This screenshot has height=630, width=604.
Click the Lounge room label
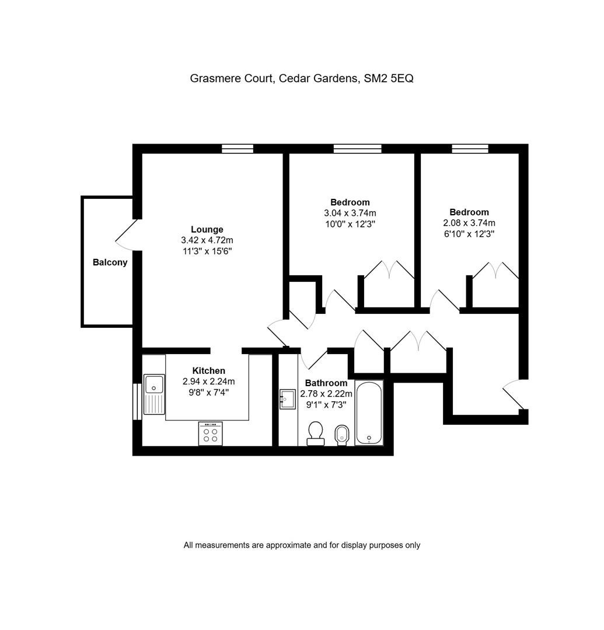click(x=207, y=229)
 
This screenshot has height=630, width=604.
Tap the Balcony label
click(x=110, y=262)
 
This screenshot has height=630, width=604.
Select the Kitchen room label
click(x=208, y=371)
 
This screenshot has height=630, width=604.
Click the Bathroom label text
click(x=326, y=383)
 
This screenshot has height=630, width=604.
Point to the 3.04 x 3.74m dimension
click(x=350, y=213)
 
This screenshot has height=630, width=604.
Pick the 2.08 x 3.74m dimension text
click(x=469, y=223)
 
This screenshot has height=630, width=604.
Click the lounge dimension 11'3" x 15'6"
click(x=207, y=251)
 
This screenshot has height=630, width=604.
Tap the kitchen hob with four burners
click(x=210, y=433)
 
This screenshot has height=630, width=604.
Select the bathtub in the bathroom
click(x=369, y=412)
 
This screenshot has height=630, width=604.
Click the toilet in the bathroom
click(x=316, y=433)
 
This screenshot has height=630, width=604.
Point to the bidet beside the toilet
click(x=342, y=435)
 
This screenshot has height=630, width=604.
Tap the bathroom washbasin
click(x=287, y=398)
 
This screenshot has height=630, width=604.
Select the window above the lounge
click(x=238, y=149)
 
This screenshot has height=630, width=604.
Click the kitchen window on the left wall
click(x=137, y=402)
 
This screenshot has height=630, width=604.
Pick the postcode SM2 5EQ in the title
click(x=389, y=78)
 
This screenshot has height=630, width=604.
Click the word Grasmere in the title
click(x=209, y=78)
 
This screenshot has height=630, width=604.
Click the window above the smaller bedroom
click(x=470, y=149)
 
